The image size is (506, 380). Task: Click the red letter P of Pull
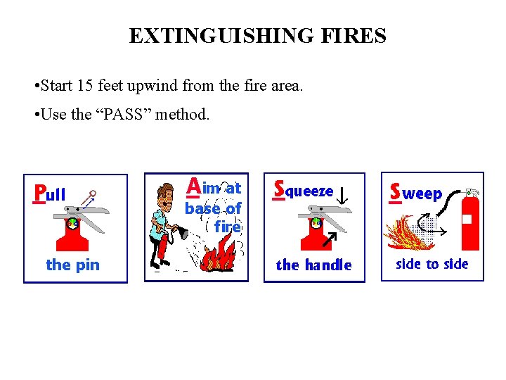pos(40,193)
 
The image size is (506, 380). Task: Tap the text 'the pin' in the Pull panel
pos(72,265)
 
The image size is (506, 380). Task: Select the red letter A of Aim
pos(194,186)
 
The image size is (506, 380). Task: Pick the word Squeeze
pos(304,190)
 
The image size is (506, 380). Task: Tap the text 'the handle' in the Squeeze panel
pos(313,265)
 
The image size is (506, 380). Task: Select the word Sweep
pos(416,192)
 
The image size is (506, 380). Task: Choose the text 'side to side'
pos(432,264)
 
